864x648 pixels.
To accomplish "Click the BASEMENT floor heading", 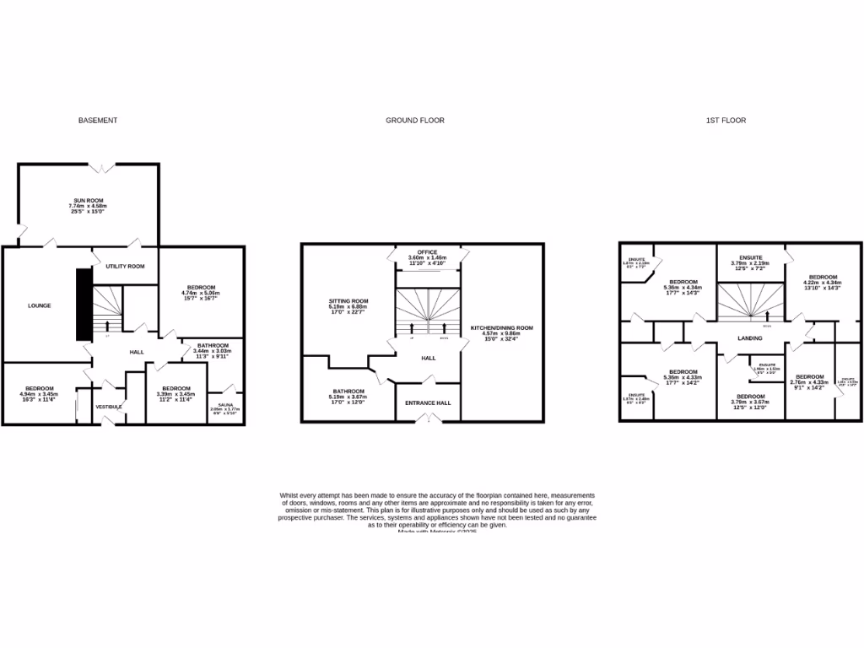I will pyautogui.click(x=98, y=121).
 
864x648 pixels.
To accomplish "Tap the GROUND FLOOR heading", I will pyautogui.click(x=415, y=121).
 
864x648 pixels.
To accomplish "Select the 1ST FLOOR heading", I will pyautogui.click(x=726, y=121).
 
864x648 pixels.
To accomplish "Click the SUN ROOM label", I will pyautogui.click(x=89, y=200).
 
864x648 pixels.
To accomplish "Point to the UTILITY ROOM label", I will pyautogui.click(x=125, y=266).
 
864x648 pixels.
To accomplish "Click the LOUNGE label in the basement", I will pyautogui.click(x=40, y=305).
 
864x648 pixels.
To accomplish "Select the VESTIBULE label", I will pyautogui.click(x=109, y=407).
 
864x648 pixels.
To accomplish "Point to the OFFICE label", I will pyautogui.click(x=427, y=252).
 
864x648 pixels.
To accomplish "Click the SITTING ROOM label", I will pyautogui.click(x=348, y=300).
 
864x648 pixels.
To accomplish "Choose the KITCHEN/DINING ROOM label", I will pyautogui.click(x=501, y=327).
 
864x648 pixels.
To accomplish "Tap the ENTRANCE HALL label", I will pyautogui.click(x=428, y=402).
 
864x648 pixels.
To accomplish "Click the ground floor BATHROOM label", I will pyautogui.click(x=348, y=391).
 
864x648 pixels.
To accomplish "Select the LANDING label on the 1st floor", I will pyautogui.click(x=750, y=338).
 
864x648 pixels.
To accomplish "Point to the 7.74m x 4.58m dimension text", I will pyautogui.click(x=89, y=206).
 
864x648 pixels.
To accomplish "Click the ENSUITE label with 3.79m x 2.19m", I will pyautogui.click(x=750, y=257).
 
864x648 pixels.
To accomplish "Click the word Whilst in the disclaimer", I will pyautogui.click(x=289, y=494).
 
